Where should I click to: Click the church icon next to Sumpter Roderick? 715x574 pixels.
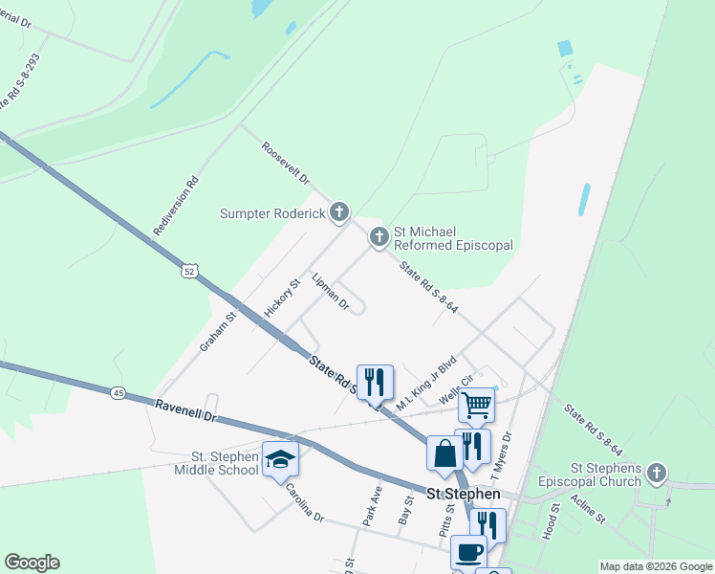coord(338,212)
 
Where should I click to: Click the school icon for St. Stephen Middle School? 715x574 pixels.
coord(280,459)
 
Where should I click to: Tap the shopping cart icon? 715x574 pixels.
coord(475,404)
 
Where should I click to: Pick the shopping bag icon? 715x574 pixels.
coord(445,453)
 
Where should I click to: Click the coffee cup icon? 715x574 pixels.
coord(467,552)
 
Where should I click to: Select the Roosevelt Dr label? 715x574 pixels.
coord(286,164)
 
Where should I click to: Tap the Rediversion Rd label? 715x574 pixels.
coord(176,206)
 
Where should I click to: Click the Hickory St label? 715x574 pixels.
coord(282,298)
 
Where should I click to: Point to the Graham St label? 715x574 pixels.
coord(218,331)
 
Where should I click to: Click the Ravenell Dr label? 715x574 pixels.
coord(186,412)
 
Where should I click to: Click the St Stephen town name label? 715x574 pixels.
coord(463,494)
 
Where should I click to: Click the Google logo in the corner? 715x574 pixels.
coord(32,563)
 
